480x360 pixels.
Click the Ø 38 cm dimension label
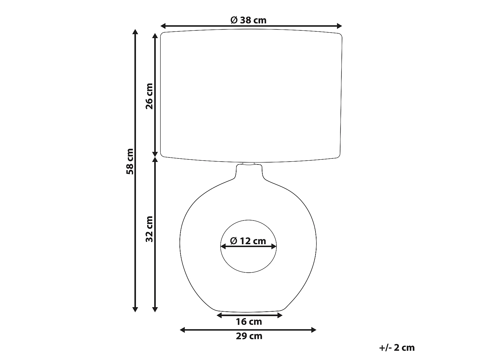point(248,20)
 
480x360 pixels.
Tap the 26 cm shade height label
point(149,96)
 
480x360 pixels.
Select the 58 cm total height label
point(130,161)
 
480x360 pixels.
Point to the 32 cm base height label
point(149,228)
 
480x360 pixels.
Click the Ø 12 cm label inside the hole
point(248,241)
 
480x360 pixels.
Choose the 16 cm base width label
point(249,322)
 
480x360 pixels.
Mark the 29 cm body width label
point(249,336)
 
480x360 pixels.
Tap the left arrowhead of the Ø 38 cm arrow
point(163,26)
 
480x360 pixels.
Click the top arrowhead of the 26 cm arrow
point(155,36)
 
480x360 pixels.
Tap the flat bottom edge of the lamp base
point(249,311)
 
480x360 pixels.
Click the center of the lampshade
point(251,95)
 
